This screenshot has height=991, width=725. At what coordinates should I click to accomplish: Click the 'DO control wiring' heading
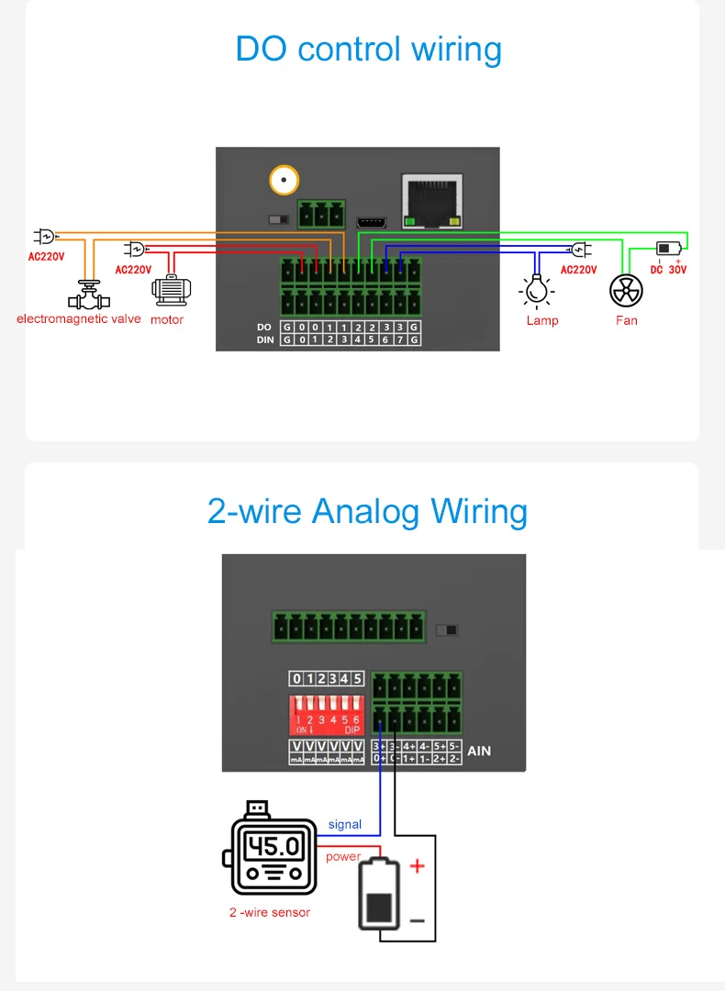tap(368, 49)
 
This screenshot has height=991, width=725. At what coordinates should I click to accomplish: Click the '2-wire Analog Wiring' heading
tap(367, 510)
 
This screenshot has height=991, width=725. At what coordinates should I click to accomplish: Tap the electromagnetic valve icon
tap(88, 295)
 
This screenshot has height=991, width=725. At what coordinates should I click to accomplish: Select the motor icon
tap(171, 291)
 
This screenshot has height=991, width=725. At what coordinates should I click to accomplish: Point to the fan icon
tap(626, 291)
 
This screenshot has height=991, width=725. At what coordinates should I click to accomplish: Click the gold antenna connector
tap(284, 179)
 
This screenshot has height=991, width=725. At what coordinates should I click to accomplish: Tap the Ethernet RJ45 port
tap(431, 200)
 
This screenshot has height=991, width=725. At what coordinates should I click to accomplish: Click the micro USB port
tap(372, 222)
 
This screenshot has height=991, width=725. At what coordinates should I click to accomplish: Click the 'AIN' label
tap(479, 751)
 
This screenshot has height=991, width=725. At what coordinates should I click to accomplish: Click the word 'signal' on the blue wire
tap(345, 824)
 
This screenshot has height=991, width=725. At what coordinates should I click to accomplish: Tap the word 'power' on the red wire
tap(343, 856)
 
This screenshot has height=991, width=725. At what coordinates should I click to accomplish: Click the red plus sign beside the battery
tap(417, 865)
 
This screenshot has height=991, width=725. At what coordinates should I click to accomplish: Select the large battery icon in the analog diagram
tap(378, 895)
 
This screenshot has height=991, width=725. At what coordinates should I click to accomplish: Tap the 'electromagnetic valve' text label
tap(79, 318)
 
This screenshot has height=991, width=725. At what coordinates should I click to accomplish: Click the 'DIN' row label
tap(264, 340)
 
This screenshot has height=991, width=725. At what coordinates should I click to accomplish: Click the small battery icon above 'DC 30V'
tap(668, 249)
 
